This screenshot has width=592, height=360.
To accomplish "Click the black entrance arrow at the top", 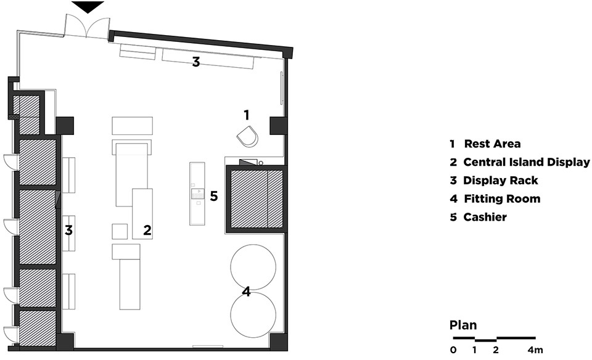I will pos(88,7).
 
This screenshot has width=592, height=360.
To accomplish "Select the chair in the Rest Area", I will pos(249,136).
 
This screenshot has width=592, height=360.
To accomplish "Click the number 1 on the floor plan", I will pos(247,115).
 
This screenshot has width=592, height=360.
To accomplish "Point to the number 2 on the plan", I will pos(147,230).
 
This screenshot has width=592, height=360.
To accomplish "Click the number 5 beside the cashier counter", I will pos(213,196).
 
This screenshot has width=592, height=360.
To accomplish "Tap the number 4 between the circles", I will pos(246,292).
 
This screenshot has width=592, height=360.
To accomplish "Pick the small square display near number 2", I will pos(120,232).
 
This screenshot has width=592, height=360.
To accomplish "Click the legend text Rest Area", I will pos(492,144).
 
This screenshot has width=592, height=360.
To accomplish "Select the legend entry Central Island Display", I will pos(526,163).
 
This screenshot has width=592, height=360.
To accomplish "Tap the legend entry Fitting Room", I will pos(501,198).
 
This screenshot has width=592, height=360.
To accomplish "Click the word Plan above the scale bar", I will pos(462,325).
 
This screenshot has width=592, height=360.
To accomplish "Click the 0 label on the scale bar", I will pos(453,351).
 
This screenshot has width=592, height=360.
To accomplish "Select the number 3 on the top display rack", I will pos(195,62).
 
